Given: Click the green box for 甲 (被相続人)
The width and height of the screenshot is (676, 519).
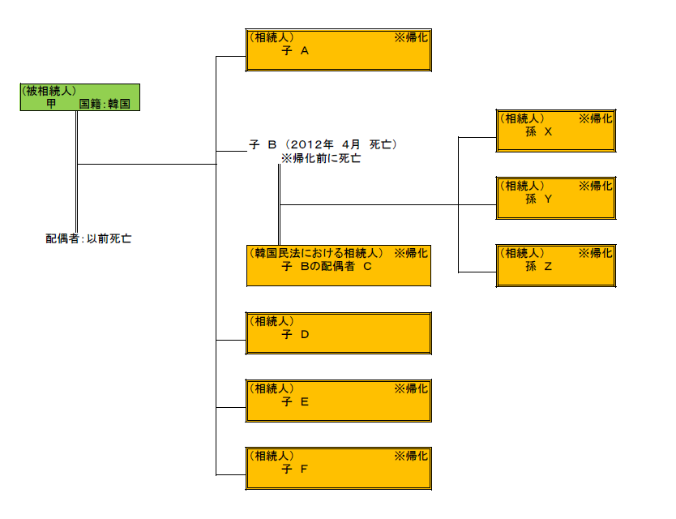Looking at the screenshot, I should click(x=80, y=97).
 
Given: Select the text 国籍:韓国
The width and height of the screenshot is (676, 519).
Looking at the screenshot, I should click(x=105, y=105).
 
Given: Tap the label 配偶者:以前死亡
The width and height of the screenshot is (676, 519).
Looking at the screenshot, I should click(x=88, y=239).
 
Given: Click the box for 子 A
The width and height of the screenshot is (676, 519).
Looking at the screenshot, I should click(x=338, y=50).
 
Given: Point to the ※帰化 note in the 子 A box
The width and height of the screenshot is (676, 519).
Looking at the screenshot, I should click(x=411, y=37).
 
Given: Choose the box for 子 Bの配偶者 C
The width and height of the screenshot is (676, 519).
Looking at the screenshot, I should click(x=338, y=266).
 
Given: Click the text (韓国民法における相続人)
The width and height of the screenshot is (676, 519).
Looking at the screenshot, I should click(x=317, y=253).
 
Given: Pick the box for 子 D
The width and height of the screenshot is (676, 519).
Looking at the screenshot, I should click(x=338, y=333).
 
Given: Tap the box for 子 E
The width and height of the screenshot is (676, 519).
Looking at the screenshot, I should click(x=338, y=401).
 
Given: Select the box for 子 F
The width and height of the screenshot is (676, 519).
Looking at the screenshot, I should click(x=338, y=469).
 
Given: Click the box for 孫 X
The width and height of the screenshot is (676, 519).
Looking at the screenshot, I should click(x=555, y=131).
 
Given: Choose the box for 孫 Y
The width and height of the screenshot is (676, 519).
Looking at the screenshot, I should click(x=555, y=198).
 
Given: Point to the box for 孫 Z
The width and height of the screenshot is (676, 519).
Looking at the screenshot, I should click(x=555, y=266).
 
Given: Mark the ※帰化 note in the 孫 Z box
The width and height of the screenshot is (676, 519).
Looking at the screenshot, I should click(x=596, y=253).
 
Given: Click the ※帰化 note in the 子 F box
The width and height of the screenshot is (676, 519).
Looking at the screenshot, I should click(x=411, y=456).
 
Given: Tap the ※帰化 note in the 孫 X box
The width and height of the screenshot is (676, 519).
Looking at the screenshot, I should click(x=596, y=118).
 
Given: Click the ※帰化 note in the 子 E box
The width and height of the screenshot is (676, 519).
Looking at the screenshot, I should click(x=411, y=388).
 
